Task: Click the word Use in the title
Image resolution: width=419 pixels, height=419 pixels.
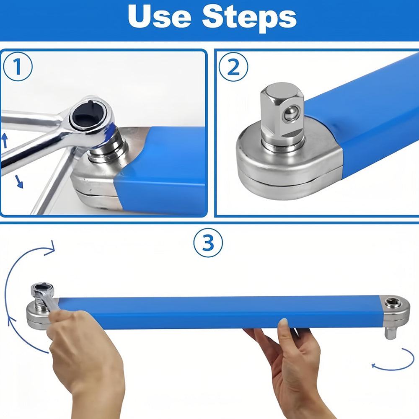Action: point(160,17)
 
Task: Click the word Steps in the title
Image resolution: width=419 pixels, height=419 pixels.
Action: point(249,18)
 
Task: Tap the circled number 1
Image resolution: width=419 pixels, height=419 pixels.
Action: point(18,67)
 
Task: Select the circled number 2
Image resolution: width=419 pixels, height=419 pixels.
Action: point(233,67)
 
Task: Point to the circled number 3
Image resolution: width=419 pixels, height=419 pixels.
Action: point(208,243)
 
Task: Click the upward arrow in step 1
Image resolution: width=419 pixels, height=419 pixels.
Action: point(5,140)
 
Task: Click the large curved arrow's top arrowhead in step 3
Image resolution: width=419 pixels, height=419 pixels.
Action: point(50,248)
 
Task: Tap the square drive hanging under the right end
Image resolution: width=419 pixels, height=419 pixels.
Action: point(391,332)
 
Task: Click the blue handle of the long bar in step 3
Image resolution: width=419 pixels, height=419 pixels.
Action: point(219,312)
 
